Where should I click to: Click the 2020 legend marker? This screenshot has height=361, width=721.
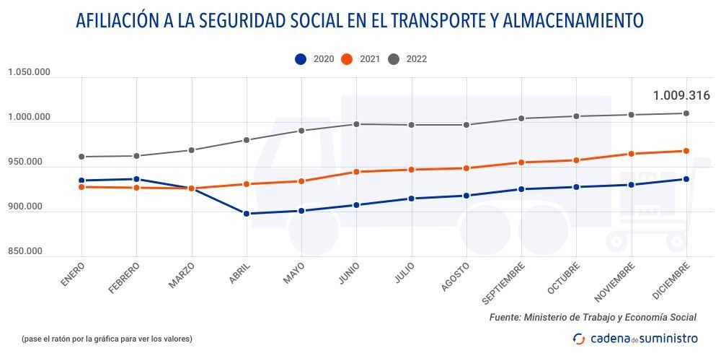[x=301, y=59]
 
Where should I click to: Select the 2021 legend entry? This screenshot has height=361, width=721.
[x=360, y=59]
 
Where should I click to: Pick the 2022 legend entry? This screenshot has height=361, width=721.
[x=407, y=59]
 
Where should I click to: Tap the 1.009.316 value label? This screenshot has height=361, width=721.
[x=681, y=95]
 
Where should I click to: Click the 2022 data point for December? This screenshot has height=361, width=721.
[x=686, y=113]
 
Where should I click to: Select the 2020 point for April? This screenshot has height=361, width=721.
[x=247, y=214]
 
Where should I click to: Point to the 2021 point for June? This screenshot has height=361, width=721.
[x=357, y=172]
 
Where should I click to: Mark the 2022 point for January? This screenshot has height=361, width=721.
[x=81, y=157]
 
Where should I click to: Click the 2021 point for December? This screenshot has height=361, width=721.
[x=686, y=151]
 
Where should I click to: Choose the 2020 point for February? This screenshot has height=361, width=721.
[x=136, y=179]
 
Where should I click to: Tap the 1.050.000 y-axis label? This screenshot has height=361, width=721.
[x=29, y=71]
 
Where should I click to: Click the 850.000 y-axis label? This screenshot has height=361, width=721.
[x=25, y=251]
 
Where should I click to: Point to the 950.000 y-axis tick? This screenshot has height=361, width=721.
[x=25, y=162]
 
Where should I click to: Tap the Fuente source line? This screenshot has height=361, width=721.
[x=593, y=317]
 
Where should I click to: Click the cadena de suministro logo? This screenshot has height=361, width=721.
[x=635, y=338]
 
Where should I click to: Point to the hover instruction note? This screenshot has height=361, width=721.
[x=107, y=338]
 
